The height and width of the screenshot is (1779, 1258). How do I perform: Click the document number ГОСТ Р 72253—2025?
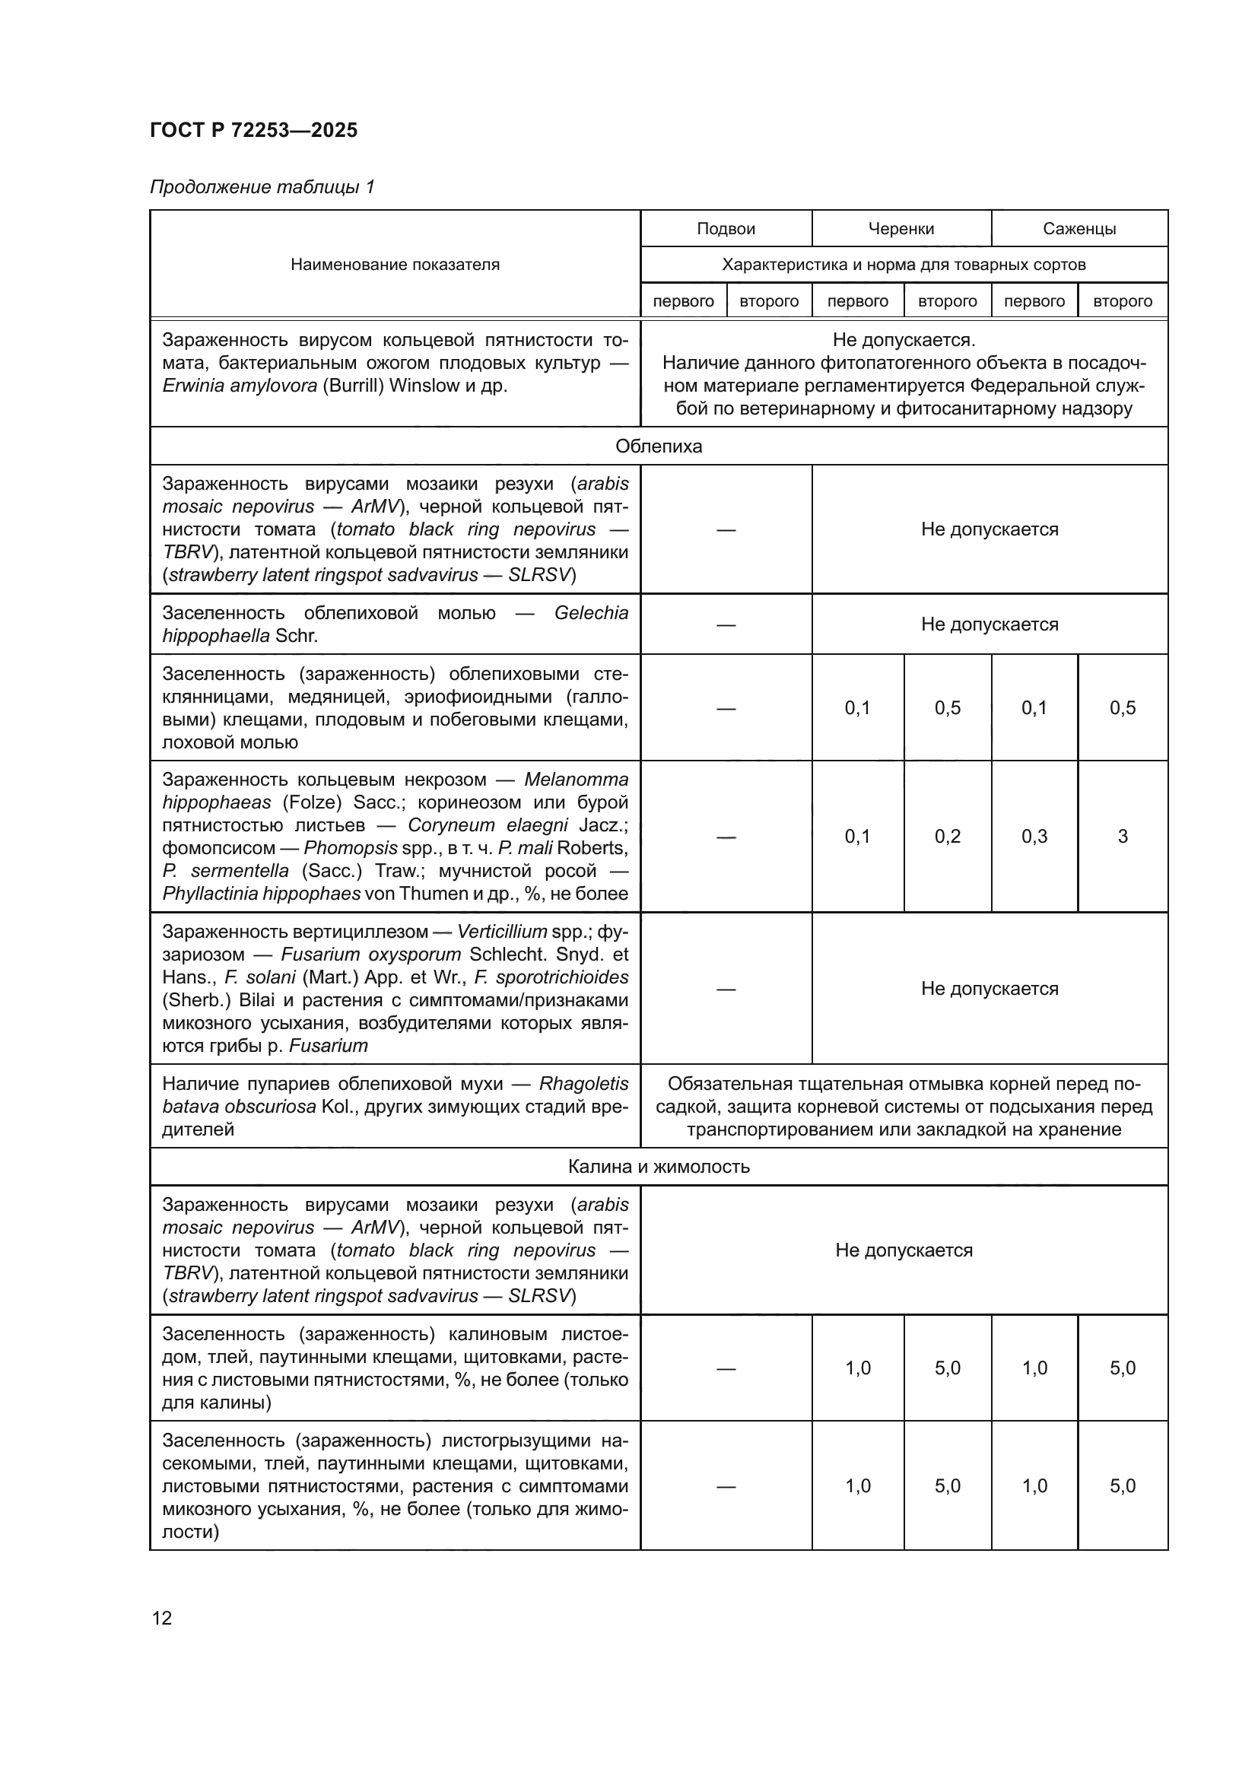[253, 130]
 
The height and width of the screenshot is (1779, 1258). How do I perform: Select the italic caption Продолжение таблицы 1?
[262, 187]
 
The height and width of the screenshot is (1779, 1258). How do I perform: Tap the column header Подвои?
[725, 229]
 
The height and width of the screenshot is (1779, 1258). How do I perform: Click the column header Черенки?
[900, 229]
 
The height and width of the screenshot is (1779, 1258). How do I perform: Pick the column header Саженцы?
[1079, 229]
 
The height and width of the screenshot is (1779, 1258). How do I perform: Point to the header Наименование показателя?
[395, 264]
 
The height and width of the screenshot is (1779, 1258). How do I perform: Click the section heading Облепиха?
[659, 446]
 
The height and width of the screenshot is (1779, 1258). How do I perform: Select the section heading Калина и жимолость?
[659, 1166]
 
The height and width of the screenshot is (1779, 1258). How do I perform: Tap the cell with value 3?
[1122, 836]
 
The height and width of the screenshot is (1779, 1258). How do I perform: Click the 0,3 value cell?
[1034, 836]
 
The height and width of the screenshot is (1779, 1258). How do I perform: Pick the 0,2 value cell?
[947, 836]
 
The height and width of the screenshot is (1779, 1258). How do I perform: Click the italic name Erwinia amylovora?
[240, 386]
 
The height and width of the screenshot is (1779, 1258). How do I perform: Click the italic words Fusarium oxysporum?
[370, 955]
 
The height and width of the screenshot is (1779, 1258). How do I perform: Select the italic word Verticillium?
[504, 932]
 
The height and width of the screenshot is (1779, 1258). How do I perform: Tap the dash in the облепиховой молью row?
[725, 624]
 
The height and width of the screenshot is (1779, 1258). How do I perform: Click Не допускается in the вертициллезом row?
[989, 988]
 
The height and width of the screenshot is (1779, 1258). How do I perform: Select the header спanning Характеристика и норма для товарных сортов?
[904, 264]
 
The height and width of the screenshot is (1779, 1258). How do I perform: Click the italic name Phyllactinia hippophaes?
[261, 894]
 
